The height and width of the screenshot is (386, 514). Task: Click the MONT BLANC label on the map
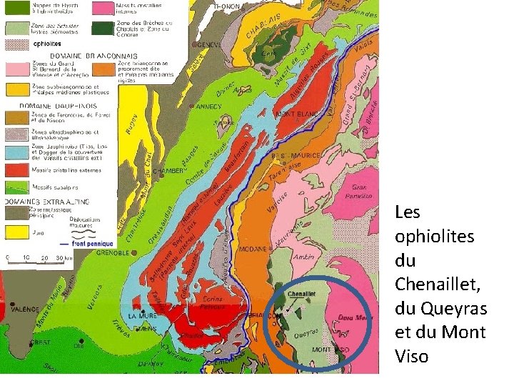295,114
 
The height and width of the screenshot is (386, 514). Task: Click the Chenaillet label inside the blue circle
302,293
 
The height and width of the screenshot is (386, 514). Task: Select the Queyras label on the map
306,332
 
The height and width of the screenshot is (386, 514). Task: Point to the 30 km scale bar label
64,257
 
